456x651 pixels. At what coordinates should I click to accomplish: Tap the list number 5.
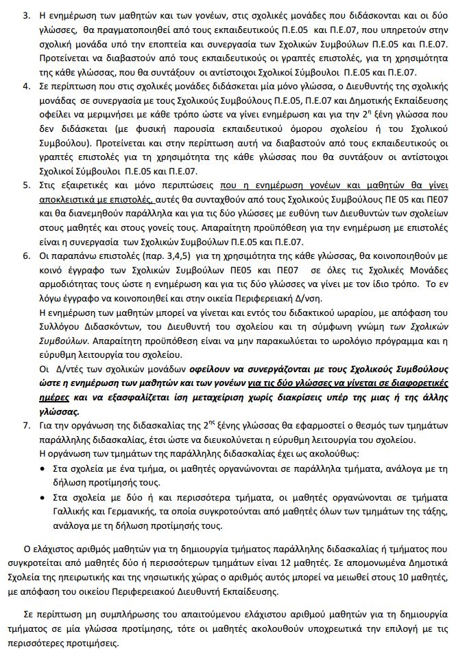[25, 187]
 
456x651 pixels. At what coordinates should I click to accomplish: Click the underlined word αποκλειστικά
[71, 198]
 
